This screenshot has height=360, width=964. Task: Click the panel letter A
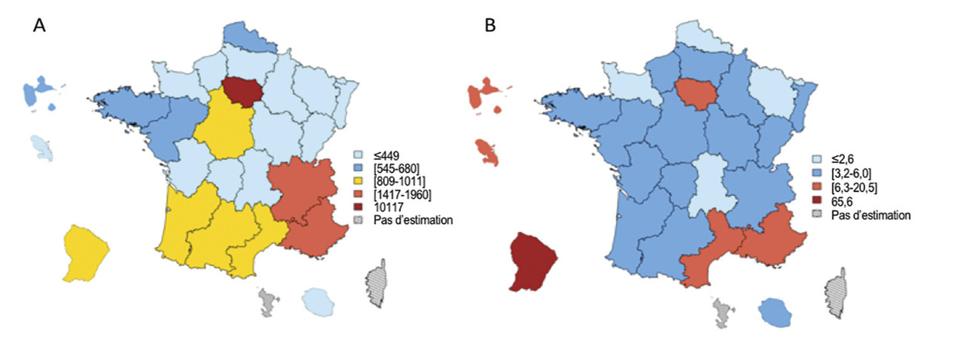(40, 26)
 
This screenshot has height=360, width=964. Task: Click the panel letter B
(490, 26)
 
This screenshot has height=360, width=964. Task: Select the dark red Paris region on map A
(243, 93)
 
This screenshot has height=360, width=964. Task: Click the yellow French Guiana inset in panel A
(84, 252)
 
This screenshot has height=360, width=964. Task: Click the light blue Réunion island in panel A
(318, 302)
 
